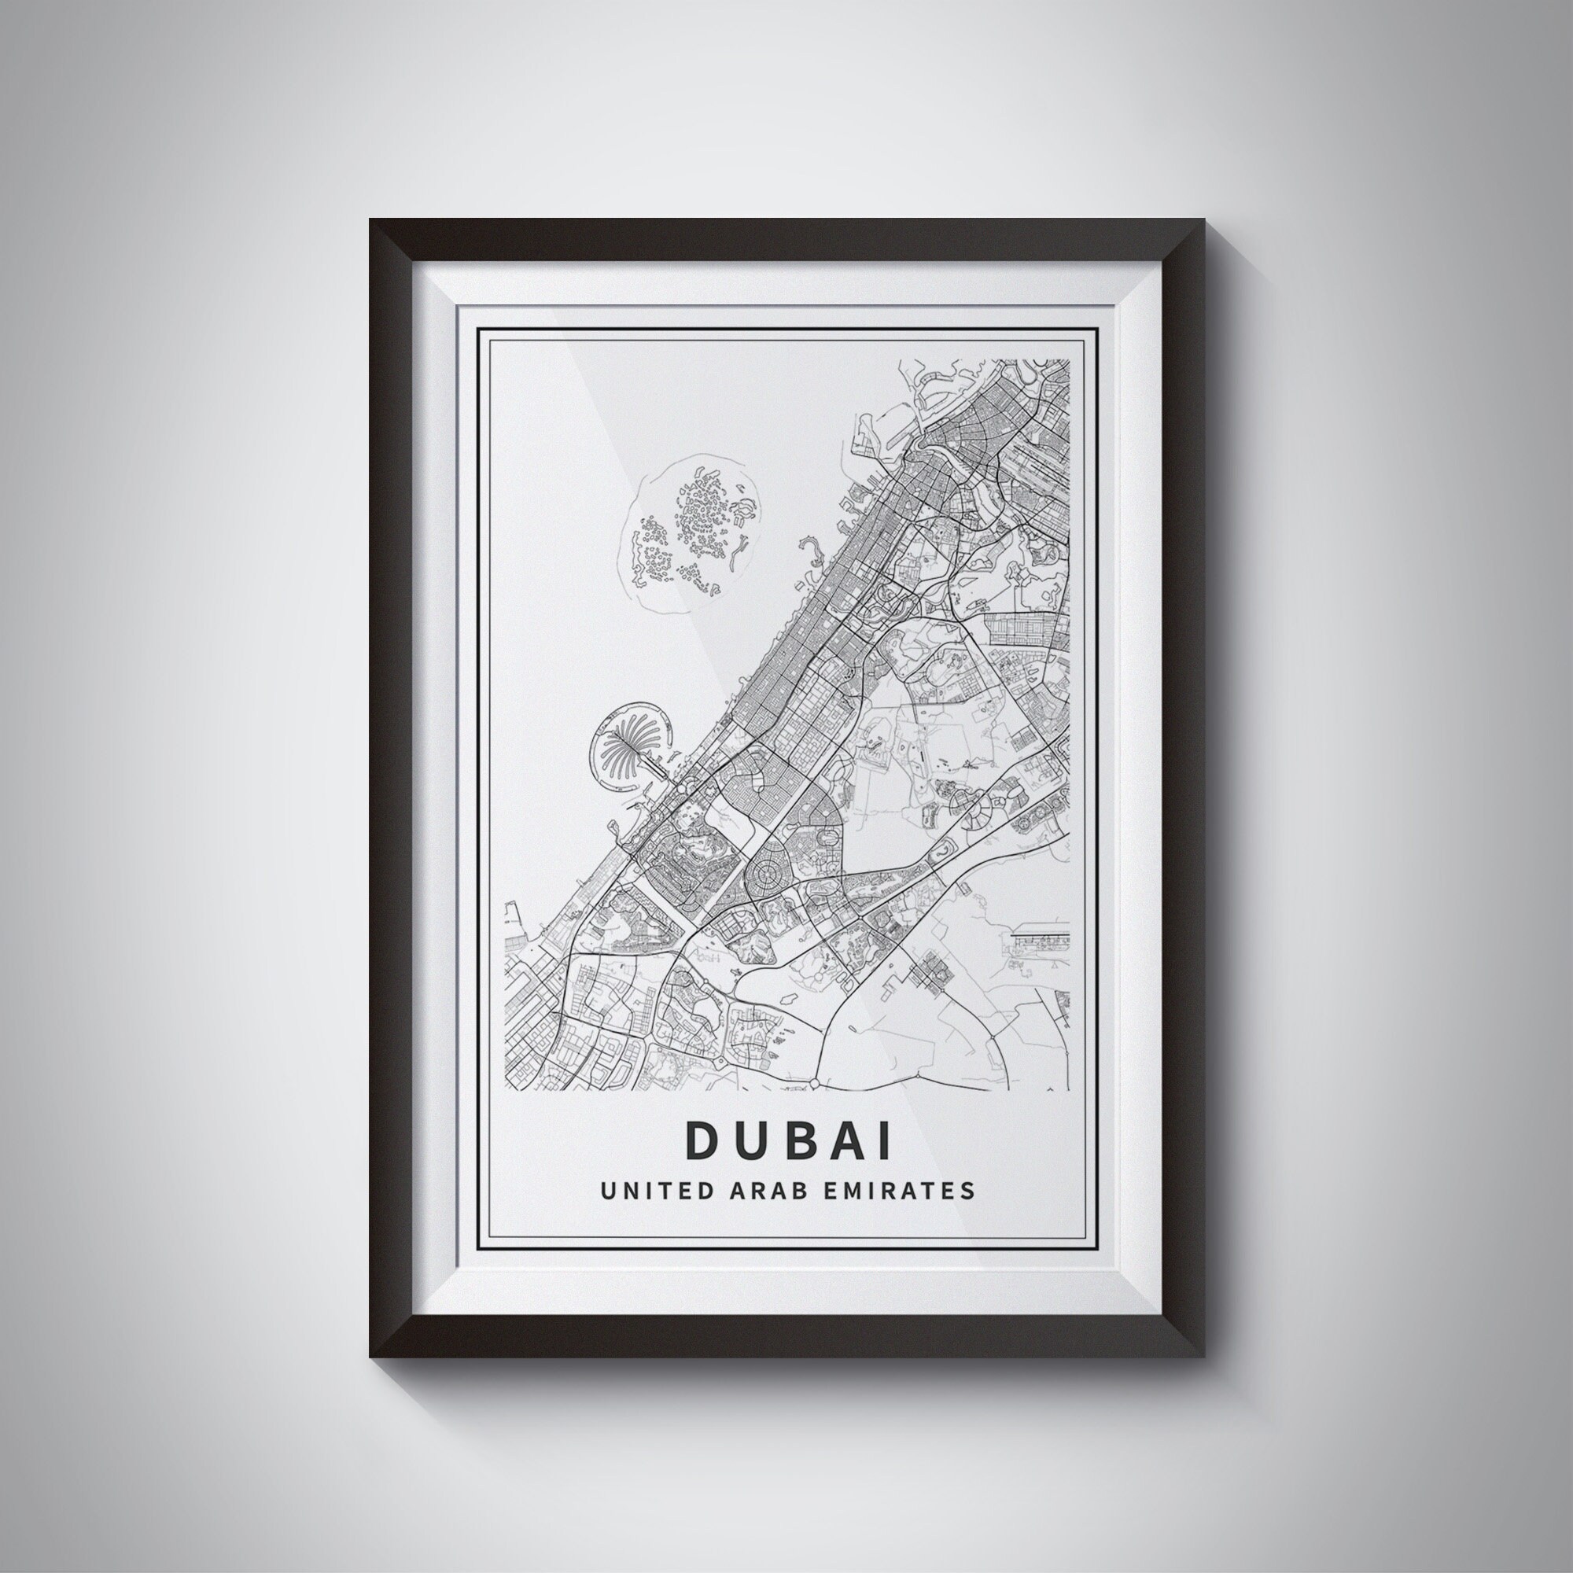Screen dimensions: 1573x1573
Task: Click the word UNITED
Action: [x=646, y=1190]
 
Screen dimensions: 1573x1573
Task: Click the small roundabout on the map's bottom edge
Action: [x=815, y=1084]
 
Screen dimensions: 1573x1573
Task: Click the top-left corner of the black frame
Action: [x=371, y=221]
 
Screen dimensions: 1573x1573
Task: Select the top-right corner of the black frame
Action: [x=1203, y=221]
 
